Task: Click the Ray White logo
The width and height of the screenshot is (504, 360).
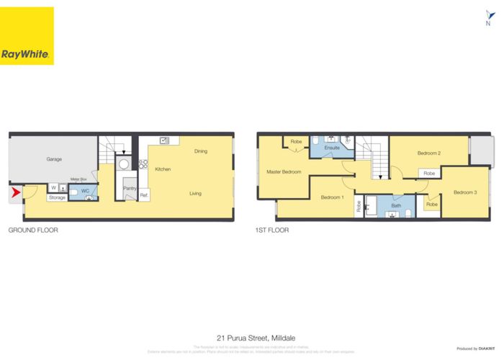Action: click(x=27, y=37)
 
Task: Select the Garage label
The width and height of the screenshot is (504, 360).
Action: click(x=54, y=158)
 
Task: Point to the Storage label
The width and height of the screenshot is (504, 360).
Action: click(x=58, y=197)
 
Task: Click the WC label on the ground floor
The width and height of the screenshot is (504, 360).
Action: click(x=84, y=191)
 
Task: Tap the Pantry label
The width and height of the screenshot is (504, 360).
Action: click(x=130, y=189)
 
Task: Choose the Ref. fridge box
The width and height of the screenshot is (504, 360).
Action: click(x=144, y=195)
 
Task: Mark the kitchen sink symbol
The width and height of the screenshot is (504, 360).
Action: click(x=164, y=140)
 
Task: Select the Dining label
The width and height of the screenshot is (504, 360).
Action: click(x=201, y=151)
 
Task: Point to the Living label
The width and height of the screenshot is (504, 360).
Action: click(x=195, y=193)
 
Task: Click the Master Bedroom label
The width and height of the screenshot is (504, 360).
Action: click(x=283, y=171)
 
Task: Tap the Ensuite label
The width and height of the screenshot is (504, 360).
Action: click(x=332, y=148)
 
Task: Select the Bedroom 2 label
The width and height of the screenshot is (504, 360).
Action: click(x=429, y=153)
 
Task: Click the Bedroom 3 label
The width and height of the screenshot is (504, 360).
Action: click(x=465, y=192)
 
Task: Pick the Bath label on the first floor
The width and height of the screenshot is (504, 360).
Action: click(x=396, y=206)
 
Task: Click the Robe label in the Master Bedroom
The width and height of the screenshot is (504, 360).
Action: click(x=296, y=142)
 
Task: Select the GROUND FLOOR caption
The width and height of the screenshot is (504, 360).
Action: click(x=33, y=230)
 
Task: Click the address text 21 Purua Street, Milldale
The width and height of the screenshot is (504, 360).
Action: click(x=252, y=336)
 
